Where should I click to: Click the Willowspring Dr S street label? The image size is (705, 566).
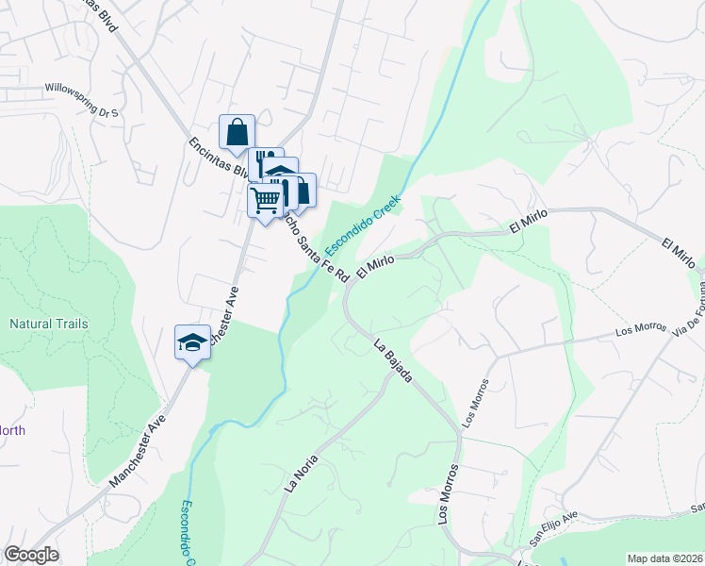click(82, 101)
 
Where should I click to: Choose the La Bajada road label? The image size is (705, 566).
click(393, 360)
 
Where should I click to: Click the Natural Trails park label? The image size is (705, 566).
click(49, 324)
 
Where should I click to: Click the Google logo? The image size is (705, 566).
click(31, 555)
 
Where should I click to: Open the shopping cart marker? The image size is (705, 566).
click(266, 199)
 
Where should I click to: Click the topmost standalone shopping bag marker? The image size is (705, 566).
click(238, 131)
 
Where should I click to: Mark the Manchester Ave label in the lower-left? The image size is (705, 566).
click(137, 450)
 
